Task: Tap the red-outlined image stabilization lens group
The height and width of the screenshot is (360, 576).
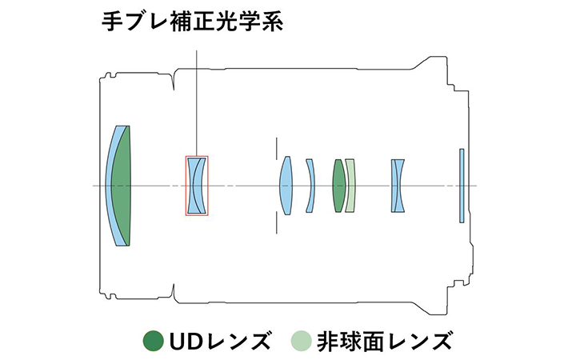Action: click(197, 186)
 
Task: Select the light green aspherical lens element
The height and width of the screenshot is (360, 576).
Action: click(350, 186)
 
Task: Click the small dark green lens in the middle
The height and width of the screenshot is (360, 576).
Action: click(338, 186)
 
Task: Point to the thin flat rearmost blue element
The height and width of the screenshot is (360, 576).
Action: click(461, 186)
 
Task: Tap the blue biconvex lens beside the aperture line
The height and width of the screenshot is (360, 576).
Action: click(285, 186)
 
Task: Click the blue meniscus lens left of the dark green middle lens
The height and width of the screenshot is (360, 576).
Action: click(310, 186)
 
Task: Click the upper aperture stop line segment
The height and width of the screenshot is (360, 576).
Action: click(276, 146)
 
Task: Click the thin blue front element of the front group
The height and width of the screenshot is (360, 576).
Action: click(111, 186)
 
